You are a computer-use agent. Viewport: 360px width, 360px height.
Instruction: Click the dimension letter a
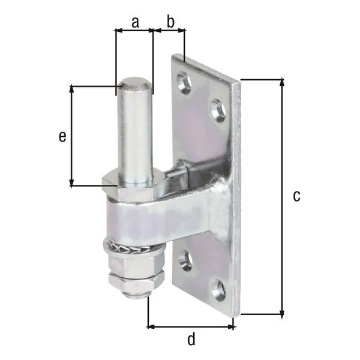pos(134,22)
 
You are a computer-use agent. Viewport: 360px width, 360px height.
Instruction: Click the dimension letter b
pos(170,22)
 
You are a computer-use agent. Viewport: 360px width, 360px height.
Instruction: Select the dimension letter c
pos(296,196)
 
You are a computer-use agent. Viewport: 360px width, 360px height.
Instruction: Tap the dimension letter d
pos(191,340)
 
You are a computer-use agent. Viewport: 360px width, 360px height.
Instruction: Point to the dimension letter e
pos(62,137)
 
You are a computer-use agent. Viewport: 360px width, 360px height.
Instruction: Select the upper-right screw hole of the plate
pos(218,110)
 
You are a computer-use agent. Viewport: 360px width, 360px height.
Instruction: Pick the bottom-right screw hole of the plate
pos(218,290)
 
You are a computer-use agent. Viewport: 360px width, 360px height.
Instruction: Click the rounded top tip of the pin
pos(135,81)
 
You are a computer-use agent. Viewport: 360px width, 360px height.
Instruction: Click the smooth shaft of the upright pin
pos(136,132)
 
